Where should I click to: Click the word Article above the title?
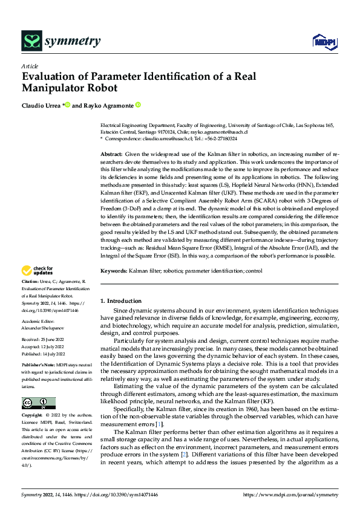pos(30,65)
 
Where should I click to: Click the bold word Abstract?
pos(111,155)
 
